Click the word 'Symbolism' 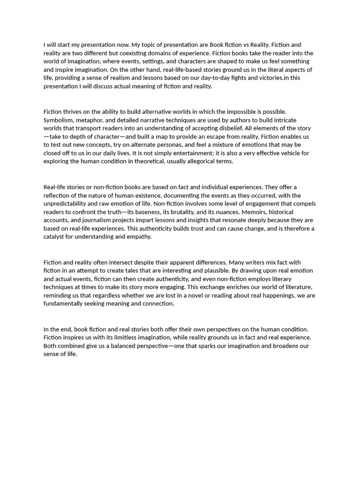point(59,120)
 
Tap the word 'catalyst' point(54,237)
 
